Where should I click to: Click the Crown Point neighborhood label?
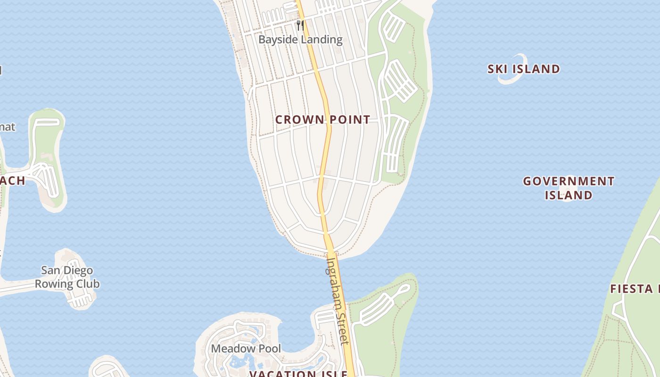(322, 120)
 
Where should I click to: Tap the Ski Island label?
(523, 69)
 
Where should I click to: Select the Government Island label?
(569, 188)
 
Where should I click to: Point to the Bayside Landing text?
(300, 40)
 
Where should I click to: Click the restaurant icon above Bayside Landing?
(299, 25)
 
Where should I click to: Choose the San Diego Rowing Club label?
(67, 277)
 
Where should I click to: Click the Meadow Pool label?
(246, 349)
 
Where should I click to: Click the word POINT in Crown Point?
(349, 120)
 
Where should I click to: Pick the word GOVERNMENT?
(569, 181)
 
